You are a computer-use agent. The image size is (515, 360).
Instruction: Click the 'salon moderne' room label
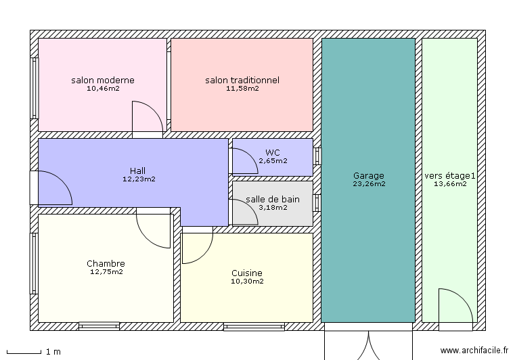pyautogui.click(x=102, y=80)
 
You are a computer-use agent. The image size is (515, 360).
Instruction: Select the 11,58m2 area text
pyautogui.click(x=242, y=89)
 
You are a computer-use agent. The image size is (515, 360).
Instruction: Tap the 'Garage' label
pyautogui.click(x=368, y=175)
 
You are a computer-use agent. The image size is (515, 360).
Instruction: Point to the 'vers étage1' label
pyautogui.click(x=450, y=175)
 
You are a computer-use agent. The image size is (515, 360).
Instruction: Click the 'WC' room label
pyautogui.click(x=273, y=152)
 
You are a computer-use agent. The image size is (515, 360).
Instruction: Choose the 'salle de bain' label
pyautogui.click(x=272, y=199)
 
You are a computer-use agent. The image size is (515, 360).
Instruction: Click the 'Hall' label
pyautogui.click(x=138, y=171)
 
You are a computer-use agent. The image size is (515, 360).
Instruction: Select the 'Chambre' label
pyautogui.click(x=106, y=263)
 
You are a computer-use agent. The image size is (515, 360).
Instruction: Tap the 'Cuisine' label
pyautogui.click(x=247, y=273)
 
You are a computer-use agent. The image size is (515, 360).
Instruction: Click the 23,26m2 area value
pyautogui.click(x=368, y=184)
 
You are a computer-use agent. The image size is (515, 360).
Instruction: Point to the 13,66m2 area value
pyautogui.click(x=450, y=184)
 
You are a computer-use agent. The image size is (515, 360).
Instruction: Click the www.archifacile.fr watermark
pyautogui.click(x=474, y=351)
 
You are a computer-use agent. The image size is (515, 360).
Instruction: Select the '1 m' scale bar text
pyautogui.click(x=53, y=352)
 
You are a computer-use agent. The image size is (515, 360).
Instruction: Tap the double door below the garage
pyautogui.click(x=368, y=344)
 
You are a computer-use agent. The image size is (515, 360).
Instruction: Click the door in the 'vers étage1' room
pyautogui.click(x=453, y=308)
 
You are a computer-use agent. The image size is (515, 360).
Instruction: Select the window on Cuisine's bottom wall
pyautogui.click(x=254, y=327)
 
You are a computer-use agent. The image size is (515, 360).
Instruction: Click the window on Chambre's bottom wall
pyautogui.click(x=99, y=326)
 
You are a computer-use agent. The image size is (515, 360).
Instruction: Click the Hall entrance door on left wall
pyautogui.click(x=51, y=188)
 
